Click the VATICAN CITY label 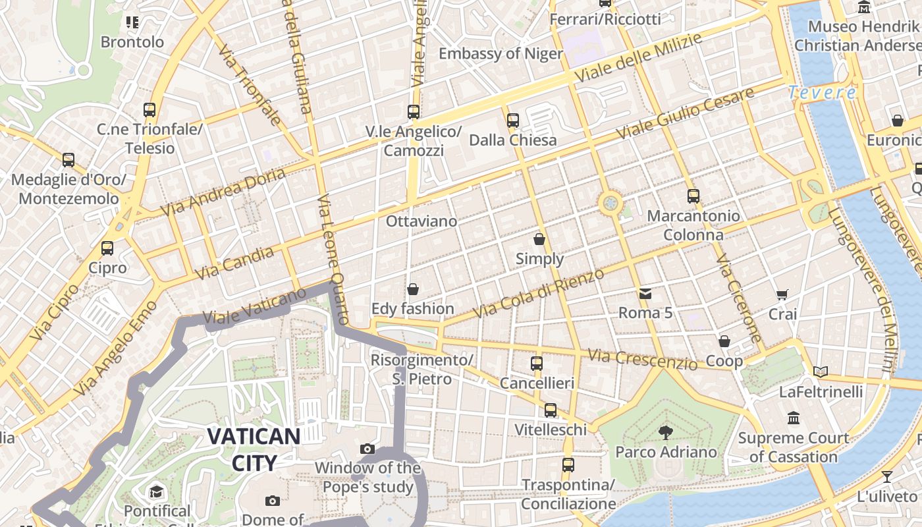tap(254, 449)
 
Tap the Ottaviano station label tap(421, 221)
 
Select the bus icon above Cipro tap(107, 248)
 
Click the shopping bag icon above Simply tap(539, 239)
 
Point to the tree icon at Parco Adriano tap(666, 432)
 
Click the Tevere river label tap(823, 93)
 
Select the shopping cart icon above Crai tap(782, 294)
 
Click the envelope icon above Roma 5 tap(645, 293)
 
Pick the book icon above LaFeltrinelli tap(820, 372)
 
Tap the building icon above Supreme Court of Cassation tap(793, 418)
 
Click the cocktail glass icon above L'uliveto tap(887, 476)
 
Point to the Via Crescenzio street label tap(642, 360)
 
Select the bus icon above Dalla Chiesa tap(513, 121)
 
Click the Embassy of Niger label tap(501, 54)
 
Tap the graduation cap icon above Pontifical tap(157, 491)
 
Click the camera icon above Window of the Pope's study tap(367, 449)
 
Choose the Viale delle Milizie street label tap(638, 58)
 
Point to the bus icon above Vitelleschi tap(551, 410)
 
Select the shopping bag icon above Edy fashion tap(413, 289)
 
